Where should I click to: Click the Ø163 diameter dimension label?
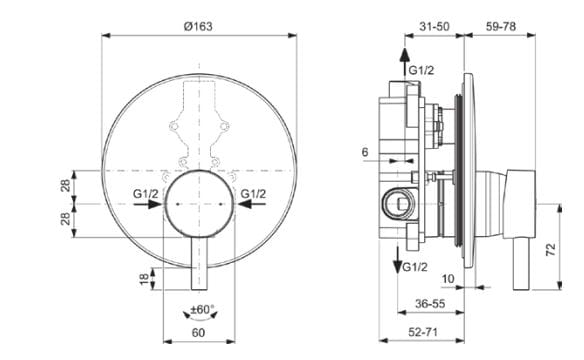point(199,23)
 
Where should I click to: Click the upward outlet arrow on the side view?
point(404,56)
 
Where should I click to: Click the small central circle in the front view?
point(198,201)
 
